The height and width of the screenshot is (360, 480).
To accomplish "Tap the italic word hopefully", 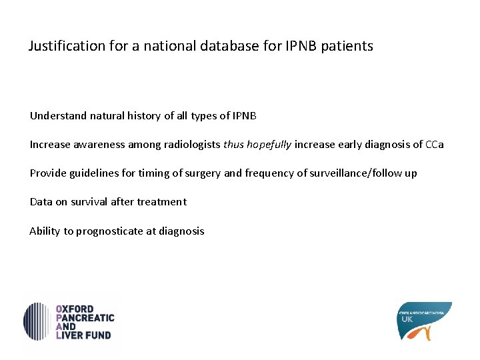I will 269,145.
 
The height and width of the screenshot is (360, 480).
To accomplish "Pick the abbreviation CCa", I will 435,145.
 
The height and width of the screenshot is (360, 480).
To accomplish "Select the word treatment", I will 163,202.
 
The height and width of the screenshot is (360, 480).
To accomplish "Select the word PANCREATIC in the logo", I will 86,318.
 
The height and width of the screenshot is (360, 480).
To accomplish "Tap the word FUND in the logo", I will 99,335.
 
